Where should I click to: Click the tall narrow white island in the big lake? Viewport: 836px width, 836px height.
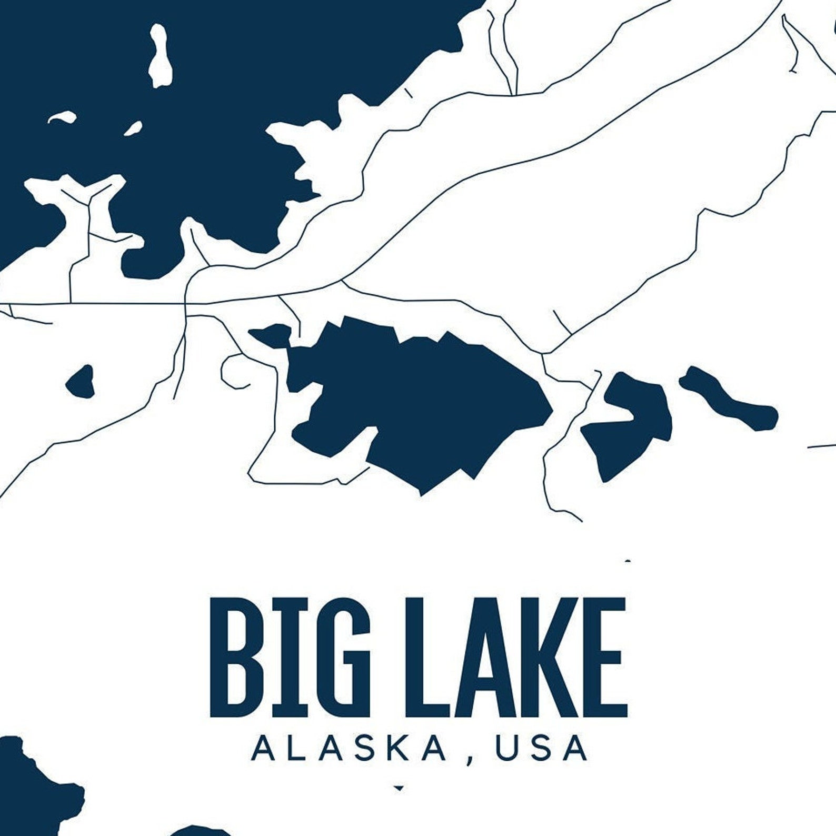point(158,55)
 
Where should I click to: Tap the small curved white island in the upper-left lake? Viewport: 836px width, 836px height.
point(62,117)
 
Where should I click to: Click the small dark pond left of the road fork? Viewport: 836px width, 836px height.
point(81,381)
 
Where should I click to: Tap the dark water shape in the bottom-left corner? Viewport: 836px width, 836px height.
point(32,790)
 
